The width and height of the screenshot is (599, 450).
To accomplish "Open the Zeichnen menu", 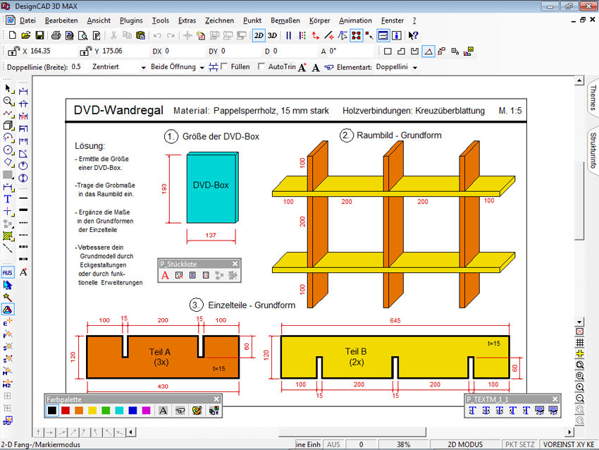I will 219,20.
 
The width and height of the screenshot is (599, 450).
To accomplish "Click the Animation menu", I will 355,20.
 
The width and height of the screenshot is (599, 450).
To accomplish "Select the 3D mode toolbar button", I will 272,35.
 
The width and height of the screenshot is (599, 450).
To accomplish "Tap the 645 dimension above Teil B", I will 395,321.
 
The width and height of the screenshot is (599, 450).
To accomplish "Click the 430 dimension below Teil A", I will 162,387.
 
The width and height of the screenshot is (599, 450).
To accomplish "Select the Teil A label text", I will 160,351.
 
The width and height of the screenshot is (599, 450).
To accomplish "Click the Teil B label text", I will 355,351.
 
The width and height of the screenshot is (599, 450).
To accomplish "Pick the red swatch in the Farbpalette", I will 66,410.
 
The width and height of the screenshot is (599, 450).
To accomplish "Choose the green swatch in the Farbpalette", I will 106,410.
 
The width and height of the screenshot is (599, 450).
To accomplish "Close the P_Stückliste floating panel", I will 235,264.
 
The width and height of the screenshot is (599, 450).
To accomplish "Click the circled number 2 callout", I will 347,135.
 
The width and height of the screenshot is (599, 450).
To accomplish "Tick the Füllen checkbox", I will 224,67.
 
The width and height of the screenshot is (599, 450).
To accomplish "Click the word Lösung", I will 89,146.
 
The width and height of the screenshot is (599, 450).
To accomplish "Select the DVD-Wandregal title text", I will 118,111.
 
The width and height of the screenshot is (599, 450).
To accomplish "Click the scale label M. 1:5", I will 510,111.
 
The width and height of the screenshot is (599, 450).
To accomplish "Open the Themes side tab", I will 592,97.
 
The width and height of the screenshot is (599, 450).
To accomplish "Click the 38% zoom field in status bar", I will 404,444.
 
